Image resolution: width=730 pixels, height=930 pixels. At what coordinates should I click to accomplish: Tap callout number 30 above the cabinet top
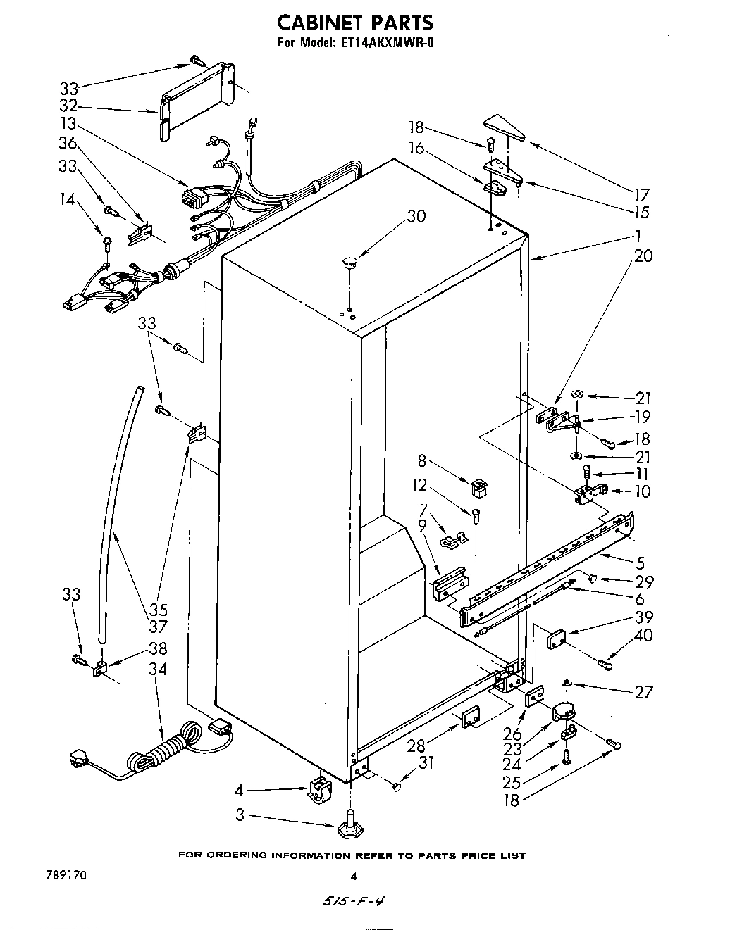[416, 216]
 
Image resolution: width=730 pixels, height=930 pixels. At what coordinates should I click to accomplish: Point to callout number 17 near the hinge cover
[641, 195]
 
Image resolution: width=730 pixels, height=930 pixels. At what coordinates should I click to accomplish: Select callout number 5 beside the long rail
[639, 563]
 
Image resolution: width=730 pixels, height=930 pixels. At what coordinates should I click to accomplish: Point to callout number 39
[643, 618]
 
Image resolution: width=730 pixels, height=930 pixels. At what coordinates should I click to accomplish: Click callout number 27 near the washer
[643, 692]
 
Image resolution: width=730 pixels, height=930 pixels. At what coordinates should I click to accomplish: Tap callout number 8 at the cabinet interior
[422, 462]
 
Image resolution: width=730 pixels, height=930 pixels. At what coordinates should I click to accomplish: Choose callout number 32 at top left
[68, 108]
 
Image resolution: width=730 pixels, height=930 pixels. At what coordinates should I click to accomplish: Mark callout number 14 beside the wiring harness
[67, 199]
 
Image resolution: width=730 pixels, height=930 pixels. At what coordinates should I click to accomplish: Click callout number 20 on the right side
[643, 256]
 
